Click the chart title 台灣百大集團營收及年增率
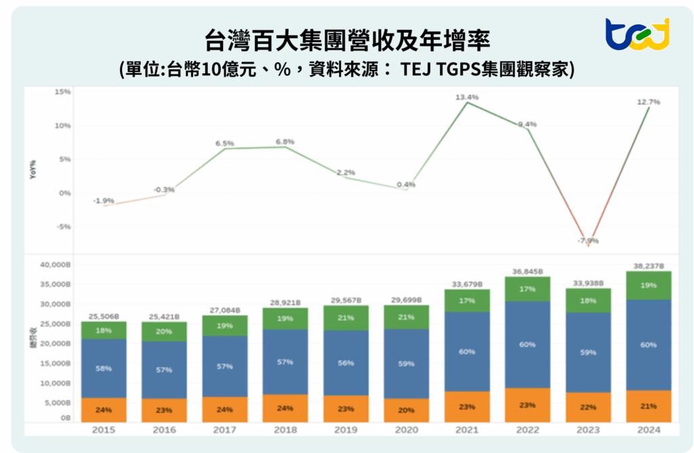pos(346,39)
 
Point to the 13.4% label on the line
pos(466,97)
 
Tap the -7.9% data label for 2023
pos(588,241)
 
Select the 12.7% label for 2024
pos(648,102)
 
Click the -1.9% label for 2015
pos(103,201)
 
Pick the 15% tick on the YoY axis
pos(63,92)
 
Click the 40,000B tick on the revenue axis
pos(56,264)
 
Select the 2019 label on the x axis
pos(346,430)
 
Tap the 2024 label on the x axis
pos(648,430)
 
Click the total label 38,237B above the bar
pos(648,266)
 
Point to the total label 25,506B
pos(103,316)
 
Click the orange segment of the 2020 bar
pos(407,410)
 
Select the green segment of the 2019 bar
pos(346,317)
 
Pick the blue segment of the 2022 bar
pos(527,344)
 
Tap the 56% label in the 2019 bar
pos(346,363)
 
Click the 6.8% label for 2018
pos(285,142)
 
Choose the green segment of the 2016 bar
pos(164,331)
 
